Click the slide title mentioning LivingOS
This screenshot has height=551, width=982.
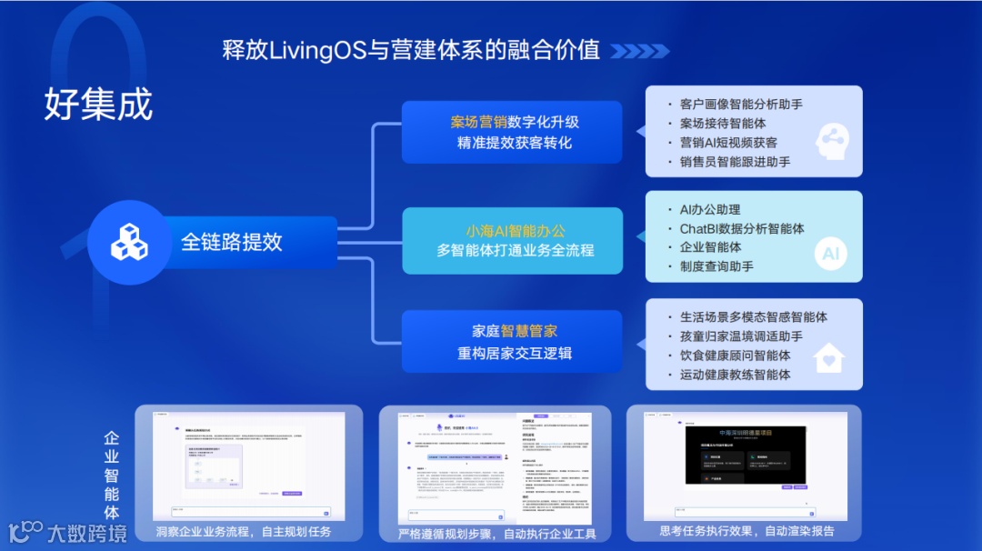click(411, 49)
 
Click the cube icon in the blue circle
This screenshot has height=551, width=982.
click(129, 242)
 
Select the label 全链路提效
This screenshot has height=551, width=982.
click(232, 242)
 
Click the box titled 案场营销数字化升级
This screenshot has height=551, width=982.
click(512, 132)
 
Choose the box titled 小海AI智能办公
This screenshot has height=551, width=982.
click(512, 240)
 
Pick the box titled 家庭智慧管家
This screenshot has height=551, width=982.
click(512, 341)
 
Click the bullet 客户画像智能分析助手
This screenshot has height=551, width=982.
click(741, 105)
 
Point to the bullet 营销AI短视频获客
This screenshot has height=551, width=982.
click(728, 143)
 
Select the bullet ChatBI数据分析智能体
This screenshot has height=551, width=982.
click(742, 228)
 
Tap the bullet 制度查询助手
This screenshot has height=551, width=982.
click(716, 266)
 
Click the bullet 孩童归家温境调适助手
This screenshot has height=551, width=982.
click(741, 336)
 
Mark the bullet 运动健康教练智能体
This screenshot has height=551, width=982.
click(735, 375)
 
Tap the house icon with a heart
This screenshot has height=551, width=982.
click(828, 358)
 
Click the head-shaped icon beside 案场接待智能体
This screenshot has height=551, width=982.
click(831, 140)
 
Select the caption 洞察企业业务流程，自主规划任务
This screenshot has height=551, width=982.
click(244, 531)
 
